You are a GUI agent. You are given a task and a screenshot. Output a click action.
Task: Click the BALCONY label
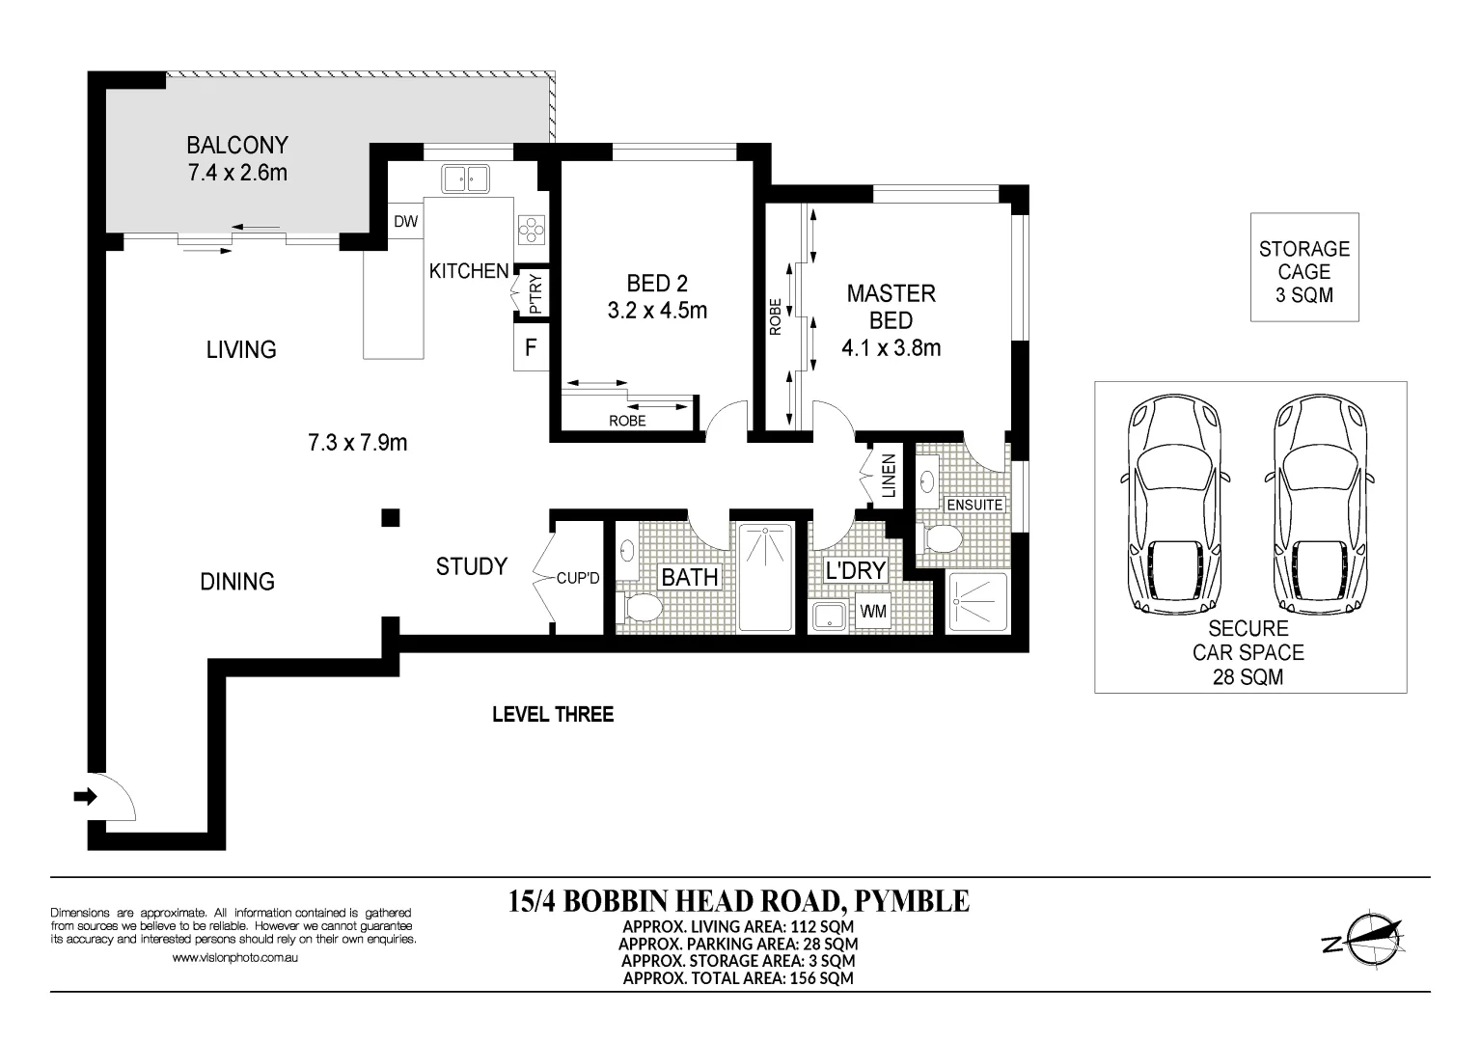click(x=237, y=145)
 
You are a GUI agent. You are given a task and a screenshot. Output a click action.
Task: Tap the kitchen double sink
click(x=465, y=178)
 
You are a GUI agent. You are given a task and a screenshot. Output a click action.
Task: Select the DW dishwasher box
click(x=405, y=222)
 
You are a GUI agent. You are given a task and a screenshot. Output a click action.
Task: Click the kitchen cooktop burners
click(x=532, y=230)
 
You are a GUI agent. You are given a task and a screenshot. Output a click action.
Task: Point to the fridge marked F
click(x=531, y=347)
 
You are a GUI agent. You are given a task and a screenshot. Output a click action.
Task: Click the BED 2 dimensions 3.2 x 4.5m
click(x=657, y=310)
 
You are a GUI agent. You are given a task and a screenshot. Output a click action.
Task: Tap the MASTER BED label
click(x=891, y=307)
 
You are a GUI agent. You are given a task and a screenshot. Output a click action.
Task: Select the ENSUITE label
click(x=974, y=505)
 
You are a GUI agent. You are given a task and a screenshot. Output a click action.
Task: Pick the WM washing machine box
click(x=873, y=612)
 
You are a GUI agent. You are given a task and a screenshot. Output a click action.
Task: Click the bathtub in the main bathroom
click(x=766, y=577)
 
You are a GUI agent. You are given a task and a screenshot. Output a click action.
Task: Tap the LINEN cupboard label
click(x=889, y=476)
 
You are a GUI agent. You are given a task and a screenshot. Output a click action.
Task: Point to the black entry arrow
click(x=85, y=797)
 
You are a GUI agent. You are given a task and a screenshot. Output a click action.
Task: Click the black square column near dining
click(x=390, y=518)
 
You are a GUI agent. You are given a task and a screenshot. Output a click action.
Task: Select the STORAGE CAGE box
click(x=1304, y=267)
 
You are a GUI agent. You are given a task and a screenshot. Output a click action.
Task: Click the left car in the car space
click(x=1173, y=505)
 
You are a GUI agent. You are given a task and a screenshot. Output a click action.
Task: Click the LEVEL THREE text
click(x=553, y=714)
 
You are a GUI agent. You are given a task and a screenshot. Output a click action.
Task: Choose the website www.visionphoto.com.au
click(x=234, y=957)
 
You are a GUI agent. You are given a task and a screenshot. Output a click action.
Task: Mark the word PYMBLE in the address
click(x=912, y=900)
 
